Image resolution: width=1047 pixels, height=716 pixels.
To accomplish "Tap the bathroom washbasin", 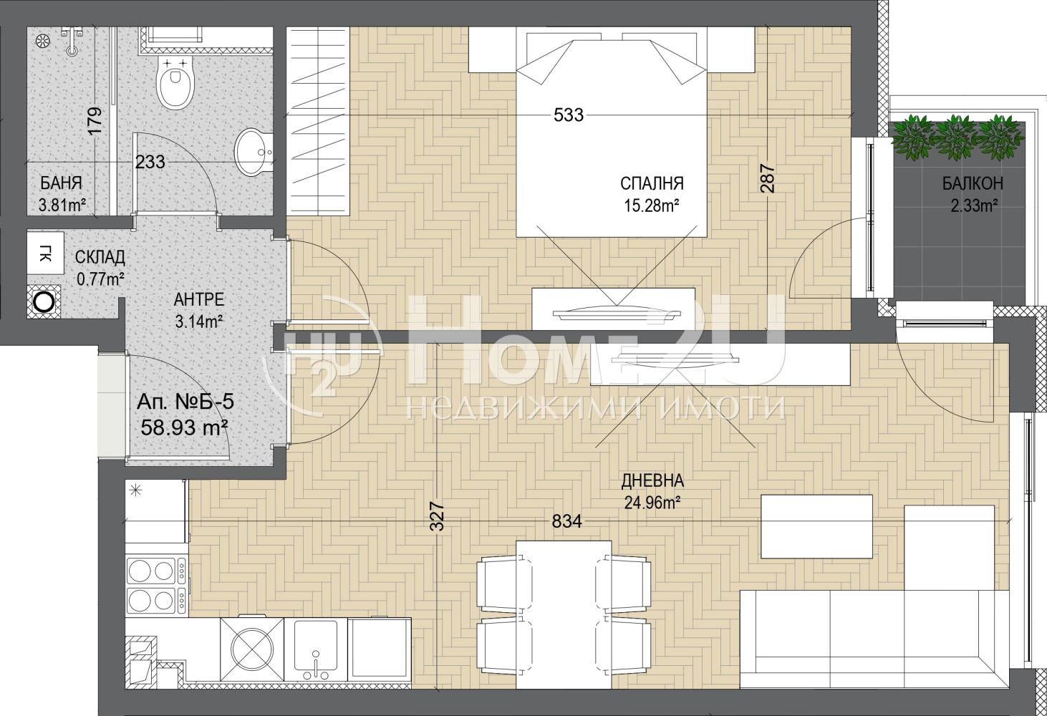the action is click(x=254, y=153).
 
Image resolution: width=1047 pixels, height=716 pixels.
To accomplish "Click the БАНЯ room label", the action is click(x=62, y=183).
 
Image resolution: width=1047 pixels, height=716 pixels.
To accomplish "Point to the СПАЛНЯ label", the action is click(x=652, y=184).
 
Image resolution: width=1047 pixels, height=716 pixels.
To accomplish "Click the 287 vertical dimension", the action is click(x=768, y=178).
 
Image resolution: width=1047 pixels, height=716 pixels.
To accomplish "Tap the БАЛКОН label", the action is click(x=973, y=184).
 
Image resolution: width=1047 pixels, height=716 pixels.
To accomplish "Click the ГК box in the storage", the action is click(x=45, y=253).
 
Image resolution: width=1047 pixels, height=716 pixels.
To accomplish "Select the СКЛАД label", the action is click(x=100, y=257).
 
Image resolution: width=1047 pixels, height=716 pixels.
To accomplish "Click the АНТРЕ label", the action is click(x=198, y=299).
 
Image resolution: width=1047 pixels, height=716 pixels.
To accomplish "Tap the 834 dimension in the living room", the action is click(x=567, y=521).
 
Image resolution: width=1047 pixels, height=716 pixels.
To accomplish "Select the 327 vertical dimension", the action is click(x=437, y=516).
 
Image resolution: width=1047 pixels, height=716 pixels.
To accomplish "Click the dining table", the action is click(x=564, y=614).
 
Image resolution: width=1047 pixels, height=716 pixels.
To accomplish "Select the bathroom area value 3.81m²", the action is click(x=62, y=205).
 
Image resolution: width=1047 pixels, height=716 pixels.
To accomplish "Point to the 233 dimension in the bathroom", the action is click(x=150, y=163).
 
